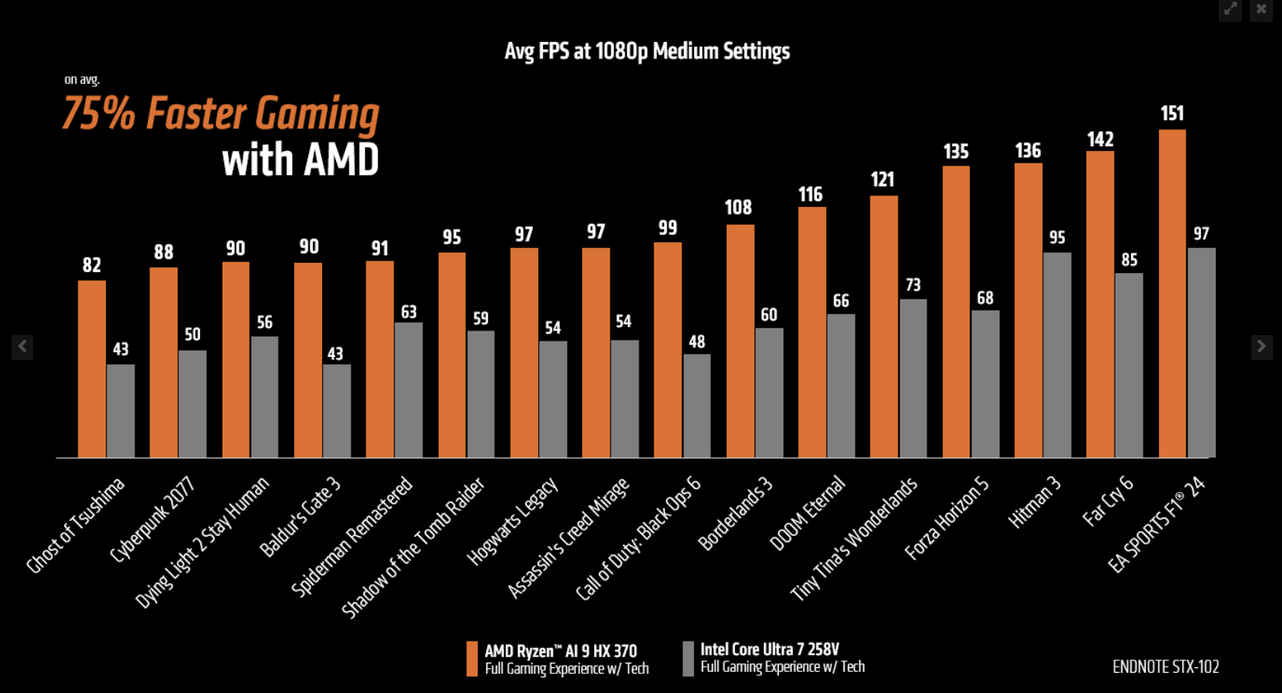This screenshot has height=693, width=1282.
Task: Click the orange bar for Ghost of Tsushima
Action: pyautogui.click(x=92, y=369)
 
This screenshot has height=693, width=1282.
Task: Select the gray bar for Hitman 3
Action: pyautogui.click(x=1057, y=355)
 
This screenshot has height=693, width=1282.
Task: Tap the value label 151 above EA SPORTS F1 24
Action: pyautogui.click(x=1172, y=114)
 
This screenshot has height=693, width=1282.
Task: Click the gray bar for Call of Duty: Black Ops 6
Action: pyautogui.click(x=697, y=406)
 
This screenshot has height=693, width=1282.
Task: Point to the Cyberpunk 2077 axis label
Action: pyautogui.click(x=153, y=519)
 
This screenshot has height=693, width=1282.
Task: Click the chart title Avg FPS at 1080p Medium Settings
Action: pyautogui.click(x=646, y=51)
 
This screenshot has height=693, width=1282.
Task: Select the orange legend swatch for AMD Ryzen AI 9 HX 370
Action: pyautogui.click(x=471, y=659)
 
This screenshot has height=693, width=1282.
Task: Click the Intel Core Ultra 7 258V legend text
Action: pyautogui.click(x=769, y=649)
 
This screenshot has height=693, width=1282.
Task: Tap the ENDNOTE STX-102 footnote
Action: pyautogui.click(x=1165, y=667)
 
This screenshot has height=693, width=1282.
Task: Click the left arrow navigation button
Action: pyautogui.click(x=23, y=346)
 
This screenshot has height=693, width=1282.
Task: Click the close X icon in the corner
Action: pyautogui.click(x=1261, y=9)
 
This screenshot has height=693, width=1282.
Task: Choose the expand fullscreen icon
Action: pyautogui.click(x=1231, y=9)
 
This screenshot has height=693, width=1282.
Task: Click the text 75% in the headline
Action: pyautogui.click(x=99, y=114)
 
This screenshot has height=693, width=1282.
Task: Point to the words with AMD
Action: pyautogui.click(x=300, y=160)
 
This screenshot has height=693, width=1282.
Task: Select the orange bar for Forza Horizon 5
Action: pyautogui.click(x=956, y=311)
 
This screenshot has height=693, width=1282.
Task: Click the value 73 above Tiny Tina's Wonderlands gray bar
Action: pyautogui.click(x=913, y=285)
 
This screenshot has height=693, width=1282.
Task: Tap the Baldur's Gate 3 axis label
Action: pyautogui.click(x=300, y=517)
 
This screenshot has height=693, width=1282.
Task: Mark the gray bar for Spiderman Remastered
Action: pyautogui.click(x=408, y=390)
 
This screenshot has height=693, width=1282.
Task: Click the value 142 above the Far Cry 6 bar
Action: pyautogui.click(x=1100, y=139)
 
